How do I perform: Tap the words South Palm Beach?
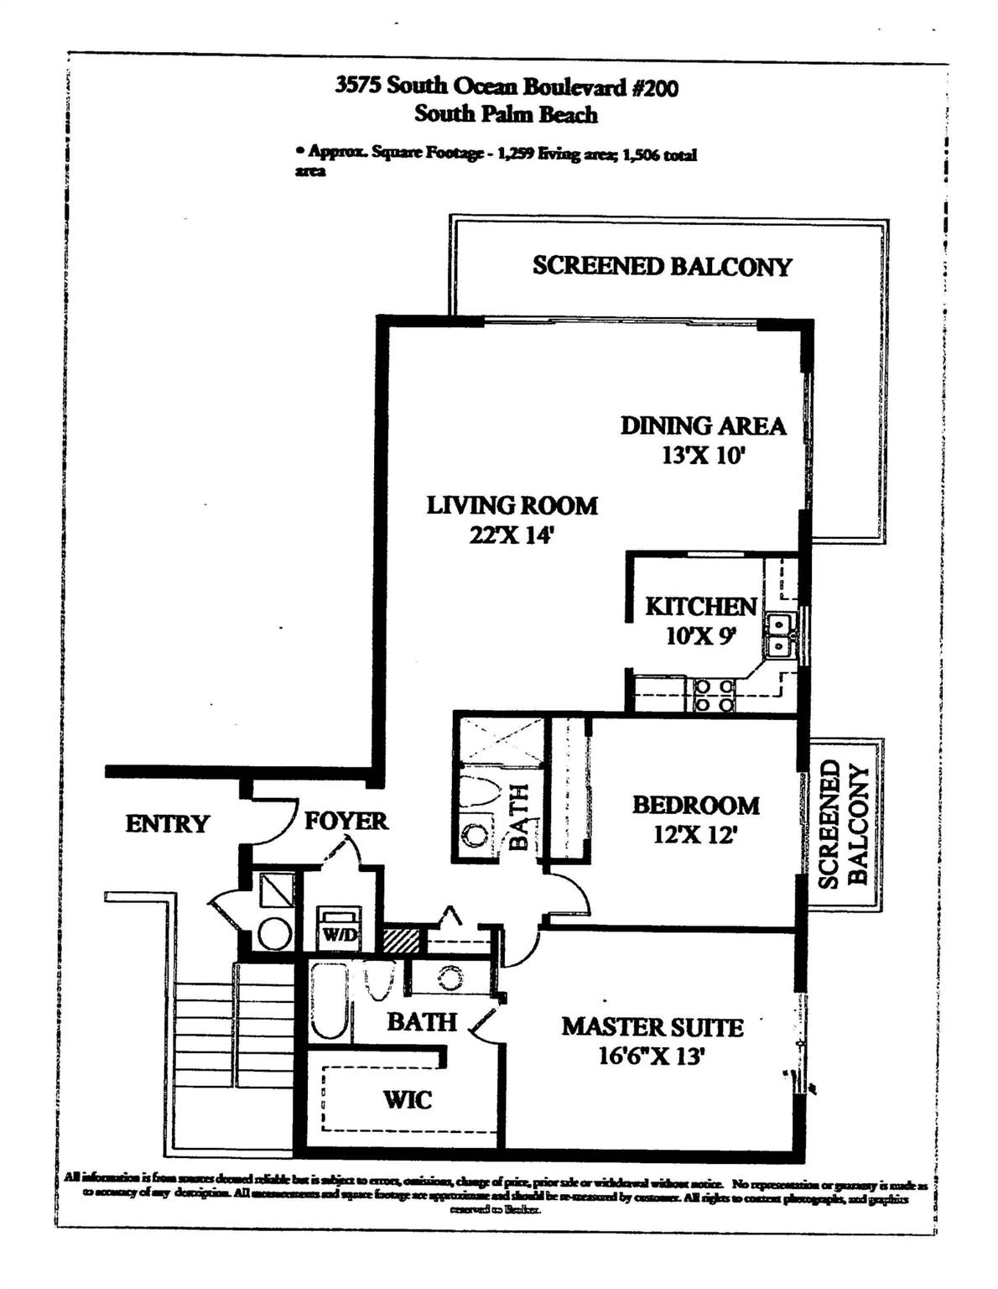(506, 114)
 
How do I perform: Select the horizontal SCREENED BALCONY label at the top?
(662, 266)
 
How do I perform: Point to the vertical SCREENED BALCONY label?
(843, 824)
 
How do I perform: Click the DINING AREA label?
(703, 425)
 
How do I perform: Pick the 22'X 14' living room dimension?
(512, 535)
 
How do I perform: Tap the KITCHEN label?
(700, 606)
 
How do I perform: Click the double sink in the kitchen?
(780, 635)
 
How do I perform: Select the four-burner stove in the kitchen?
(712, 696)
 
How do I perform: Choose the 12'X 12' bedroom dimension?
(695, 836)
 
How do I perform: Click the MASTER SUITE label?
(652, 1027)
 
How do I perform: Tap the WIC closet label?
(408, 1099)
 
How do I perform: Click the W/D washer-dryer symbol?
(338, 930)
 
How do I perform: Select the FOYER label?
(346, 821)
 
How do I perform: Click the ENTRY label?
(167, 824)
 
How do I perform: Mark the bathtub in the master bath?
(326, 1001)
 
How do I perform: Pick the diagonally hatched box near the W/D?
(401, 939)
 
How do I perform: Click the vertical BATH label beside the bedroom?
(519, 817)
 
